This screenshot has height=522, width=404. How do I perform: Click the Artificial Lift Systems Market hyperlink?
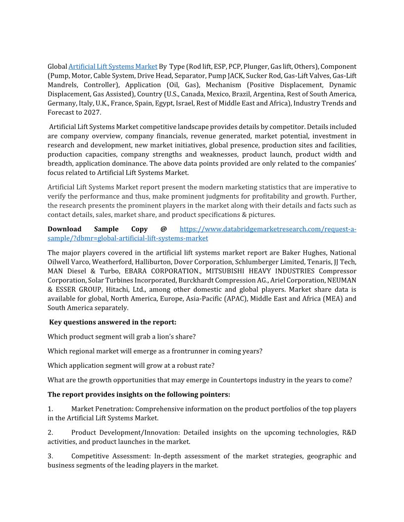point(113,66)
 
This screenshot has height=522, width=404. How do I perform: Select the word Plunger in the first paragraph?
point(255,66)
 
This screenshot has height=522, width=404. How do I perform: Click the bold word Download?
point(64,229)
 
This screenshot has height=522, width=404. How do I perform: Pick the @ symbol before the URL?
point(163,229)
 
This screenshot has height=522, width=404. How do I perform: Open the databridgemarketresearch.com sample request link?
point(267,229)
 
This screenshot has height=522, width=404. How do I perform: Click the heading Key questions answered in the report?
point(113,322)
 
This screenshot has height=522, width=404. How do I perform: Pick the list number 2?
point(50,433)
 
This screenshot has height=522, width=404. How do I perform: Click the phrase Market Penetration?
point(102,409)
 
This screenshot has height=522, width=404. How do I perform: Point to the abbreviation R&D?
point(349,433)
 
